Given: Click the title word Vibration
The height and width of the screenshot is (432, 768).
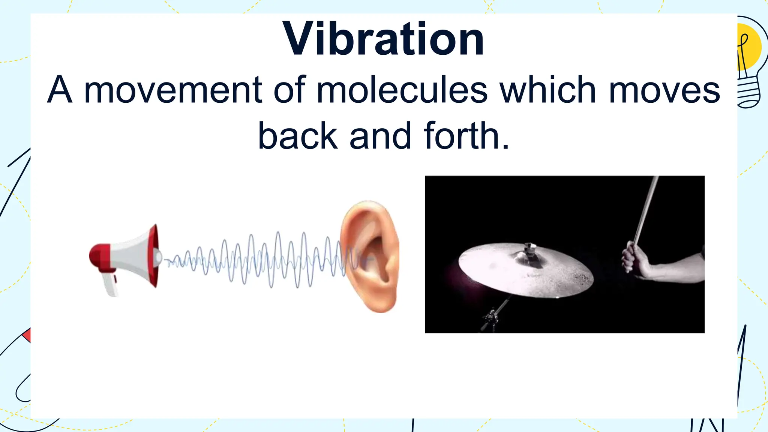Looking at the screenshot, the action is [x=383, y=39].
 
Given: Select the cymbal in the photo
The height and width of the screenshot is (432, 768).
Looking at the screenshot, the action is [x=526, y=269].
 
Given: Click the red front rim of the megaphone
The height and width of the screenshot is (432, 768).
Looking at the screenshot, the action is [x=153, y=256].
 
